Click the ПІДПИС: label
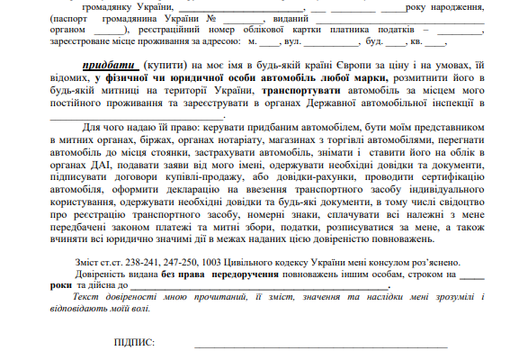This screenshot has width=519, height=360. (135, 343)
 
